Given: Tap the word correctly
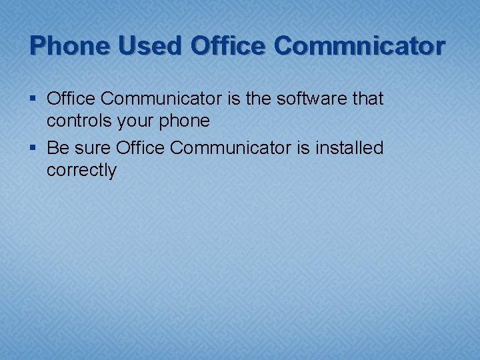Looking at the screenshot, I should point(81,170).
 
